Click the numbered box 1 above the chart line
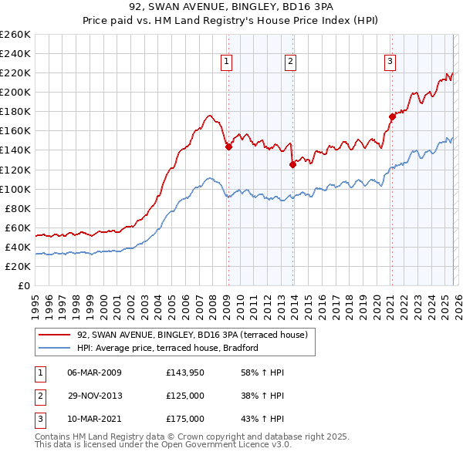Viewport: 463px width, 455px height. [228, 62]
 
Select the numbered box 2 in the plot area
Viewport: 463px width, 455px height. [290, 62]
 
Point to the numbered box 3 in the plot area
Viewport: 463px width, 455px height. [390, 62]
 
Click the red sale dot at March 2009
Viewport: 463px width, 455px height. [228, 147]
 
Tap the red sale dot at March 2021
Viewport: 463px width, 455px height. [392, 116]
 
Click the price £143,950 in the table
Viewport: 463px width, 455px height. [184, 372]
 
